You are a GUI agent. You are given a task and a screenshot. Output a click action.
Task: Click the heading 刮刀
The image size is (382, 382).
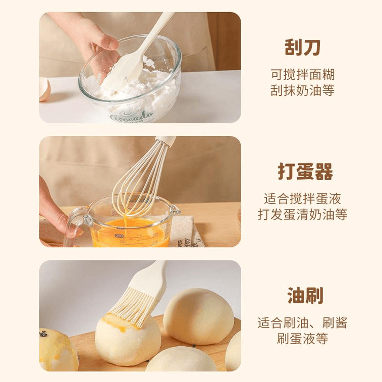302,47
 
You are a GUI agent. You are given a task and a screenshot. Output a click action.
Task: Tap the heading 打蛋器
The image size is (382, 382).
305,172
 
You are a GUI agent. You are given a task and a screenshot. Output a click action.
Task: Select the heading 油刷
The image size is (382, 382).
305,296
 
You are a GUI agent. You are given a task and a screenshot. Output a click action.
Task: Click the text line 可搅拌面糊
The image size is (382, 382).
303,75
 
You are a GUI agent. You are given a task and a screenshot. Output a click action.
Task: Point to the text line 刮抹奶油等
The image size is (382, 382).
303,90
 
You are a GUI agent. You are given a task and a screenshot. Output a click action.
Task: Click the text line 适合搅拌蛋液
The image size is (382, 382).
303,199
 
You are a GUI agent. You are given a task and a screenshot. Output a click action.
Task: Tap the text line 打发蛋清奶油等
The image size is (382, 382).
303,214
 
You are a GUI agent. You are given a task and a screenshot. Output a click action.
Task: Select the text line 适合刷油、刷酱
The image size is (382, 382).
303,323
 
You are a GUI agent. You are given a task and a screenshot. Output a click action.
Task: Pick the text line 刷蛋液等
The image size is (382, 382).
303,339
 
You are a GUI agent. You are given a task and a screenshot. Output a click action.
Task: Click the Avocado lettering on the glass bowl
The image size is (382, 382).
132,116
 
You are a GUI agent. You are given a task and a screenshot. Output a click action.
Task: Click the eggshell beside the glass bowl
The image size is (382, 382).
44,89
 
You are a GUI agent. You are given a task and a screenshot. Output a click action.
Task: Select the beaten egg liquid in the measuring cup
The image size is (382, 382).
130,233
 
